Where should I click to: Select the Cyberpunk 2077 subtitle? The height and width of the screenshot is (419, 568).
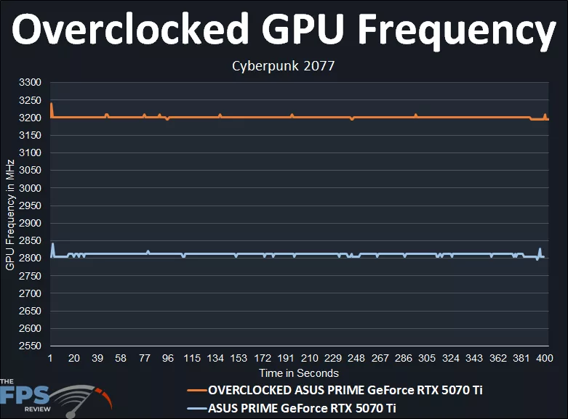tap(284, 66)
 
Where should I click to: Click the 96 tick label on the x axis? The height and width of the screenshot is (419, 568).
tap(168, 359)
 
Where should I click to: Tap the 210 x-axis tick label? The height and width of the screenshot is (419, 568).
tap(309, 359)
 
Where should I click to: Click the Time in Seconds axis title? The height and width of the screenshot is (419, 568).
tap(299, 373)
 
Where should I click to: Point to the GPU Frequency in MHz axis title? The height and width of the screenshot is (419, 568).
tap(10, 214)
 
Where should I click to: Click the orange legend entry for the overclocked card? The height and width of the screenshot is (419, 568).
tap(345, 390)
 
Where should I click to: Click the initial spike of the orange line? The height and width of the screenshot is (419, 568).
tap(51, 105)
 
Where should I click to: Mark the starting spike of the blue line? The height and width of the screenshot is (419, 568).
tap(52, 244)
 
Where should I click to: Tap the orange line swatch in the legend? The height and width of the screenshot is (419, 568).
tap(196, 391)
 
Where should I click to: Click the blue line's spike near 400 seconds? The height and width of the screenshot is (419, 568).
tap(540, 250)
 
